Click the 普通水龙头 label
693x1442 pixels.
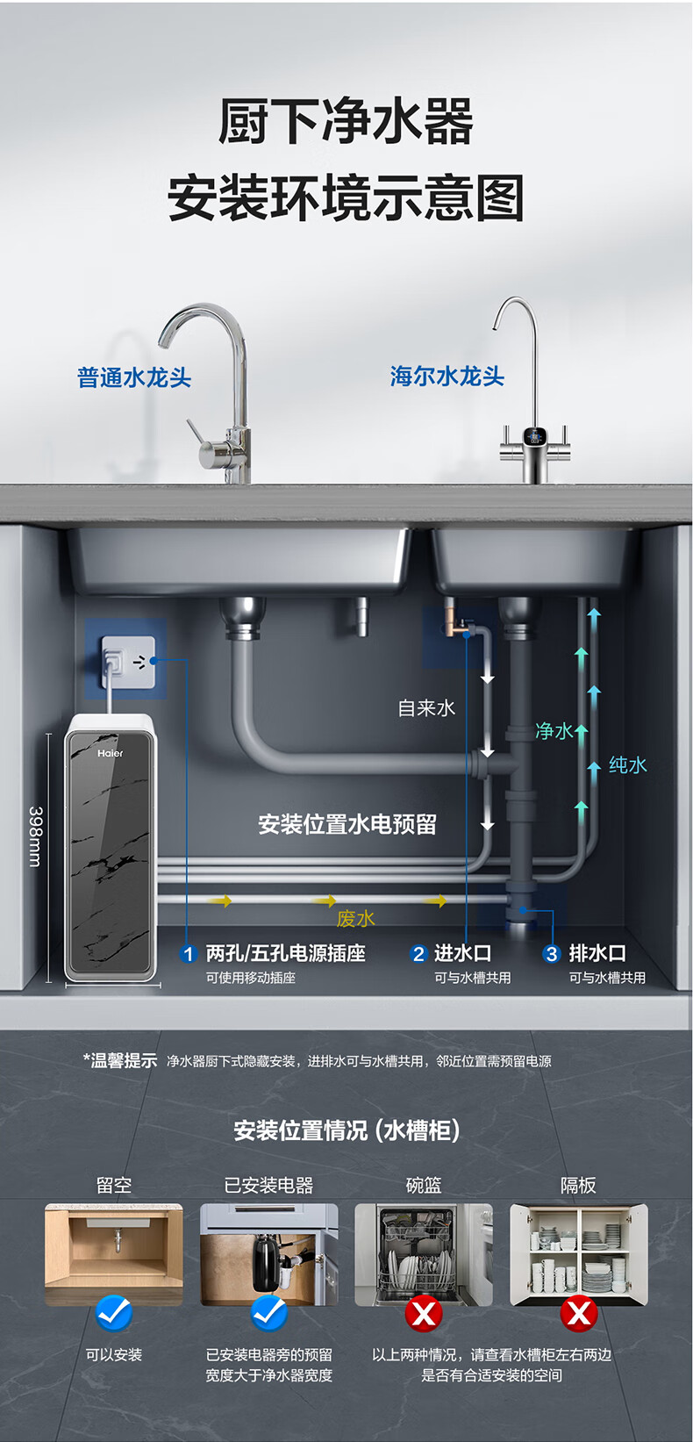(x=134, y=377)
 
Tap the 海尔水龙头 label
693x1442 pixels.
(x=447, y=377)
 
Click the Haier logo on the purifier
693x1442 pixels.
(x=111, y=753)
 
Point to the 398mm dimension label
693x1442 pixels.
(x=35, y=836)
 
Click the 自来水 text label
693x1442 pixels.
(x=426, y=707)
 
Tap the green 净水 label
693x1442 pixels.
(x=554, y=731)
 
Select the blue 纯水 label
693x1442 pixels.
(x=627, y=764)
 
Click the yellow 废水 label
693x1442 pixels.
(x=355, y=918)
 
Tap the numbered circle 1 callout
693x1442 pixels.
(x=188, y=954)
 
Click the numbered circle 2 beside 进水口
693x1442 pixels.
(x=418, y=954)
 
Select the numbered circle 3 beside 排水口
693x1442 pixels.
(x=552, y=954)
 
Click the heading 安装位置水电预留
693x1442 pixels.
(x=347, y=824)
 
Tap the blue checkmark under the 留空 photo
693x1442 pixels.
(x=114, y=1313)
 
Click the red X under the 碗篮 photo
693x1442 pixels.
(x=424, y=1313)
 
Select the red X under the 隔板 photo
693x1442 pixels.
(x=579, y=1313)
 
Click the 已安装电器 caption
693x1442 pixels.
(x=268, y=1185)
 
